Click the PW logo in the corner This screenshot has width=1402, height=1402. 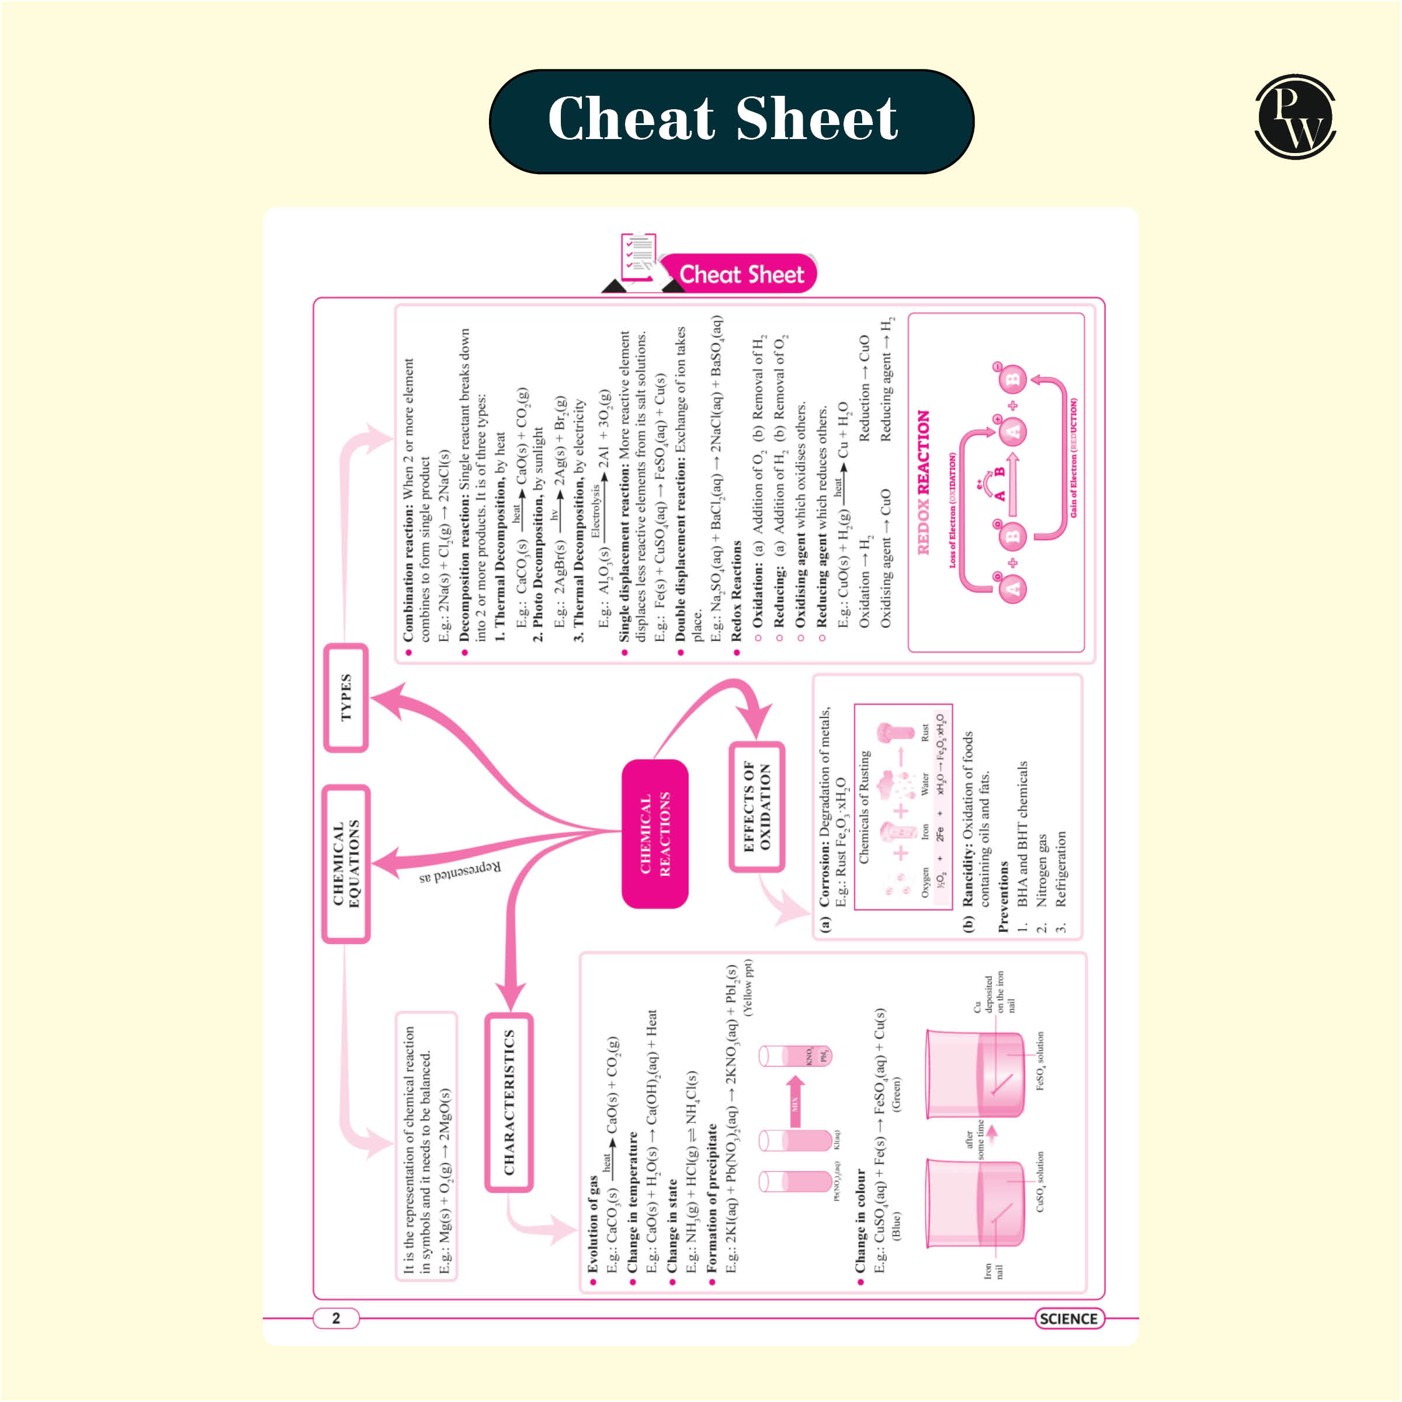pyautogui.click(x=1295, y=116)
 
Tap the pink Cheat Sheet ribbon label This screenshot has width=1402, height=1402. pyautogui.click(x=740, y=275)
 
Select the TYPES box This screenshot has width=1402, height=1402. pyautogui.click(x=345, y=697)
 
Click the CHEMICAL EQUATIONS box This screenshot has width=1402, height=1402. pyautogui.click(x=345, y=863)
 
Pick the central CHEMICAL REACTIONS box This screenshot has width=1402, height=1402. pyautogui.click(x=654, y=834)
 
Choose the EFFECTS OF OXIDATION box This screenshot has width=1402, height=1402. pyautogui.click(x=756, y=806)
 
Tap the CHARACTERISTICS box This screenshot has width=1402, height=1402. pyautogui.click(x=509, y=1102)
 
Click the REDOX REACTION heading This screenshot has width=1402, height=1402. pyautogui.click(x=923, y=483)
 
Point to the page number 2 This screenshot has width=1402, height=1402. pyautogui.click(x=336, y=1318)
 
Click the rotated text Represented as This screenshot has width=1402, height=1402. pyautogui.click(x=460, y=872)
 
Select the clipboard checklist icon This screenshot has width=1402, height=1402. pyautogui.click(x=638, y=258)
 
